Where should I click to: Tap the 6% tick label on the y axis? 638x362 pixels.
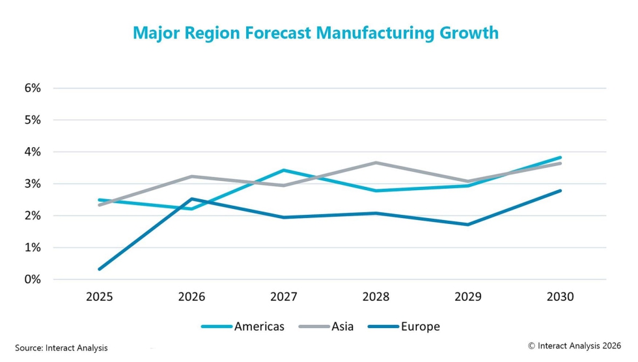pyautogui.click(x=32, y=88)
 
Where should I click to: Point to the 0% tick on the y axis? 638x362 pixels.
pyautogui.click(x=32, y=279)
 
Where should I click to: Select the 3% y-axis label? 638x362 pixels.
pyautogui.click(x=32, y=184)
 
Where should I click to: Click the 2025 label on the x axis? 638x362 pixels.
pyautogui.click(x=100, y=297)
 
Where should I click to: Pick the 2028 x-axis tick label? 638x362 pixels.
pyautogui.click(x=376, y=297)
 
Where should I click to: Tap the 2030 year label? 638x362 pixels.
pyautogui.click(x=560, y=297)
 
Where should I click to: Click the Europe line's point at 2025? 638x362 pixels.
pyautogui.click(x=100, y=269)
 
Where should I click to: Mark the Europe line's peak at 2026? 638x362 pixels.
pyautogui.click(x=191, y=199)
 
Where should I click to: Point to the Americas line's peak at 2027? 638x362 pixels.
pyautogui.click(x=284, y=170)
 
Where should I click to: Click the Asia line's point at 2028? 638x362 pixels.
pyautogui.click(x=376, y=162)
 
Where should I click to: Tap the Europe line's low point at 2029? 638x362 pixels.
pyautogui.click(x=468, y=225)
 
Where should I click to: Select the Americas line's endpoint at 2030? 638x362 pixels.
pyautogui.click(x=560, y=158)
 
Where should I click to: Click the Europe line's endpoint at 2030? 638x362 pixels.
pyautogui.click(x=560, y=191)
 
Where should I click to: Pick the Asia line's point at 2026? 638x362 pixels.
pyautogui.click(x=191, y=176)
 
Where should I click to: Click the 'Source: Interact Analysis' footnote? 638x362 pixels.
pyautogui.click(x=61, y=348)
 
